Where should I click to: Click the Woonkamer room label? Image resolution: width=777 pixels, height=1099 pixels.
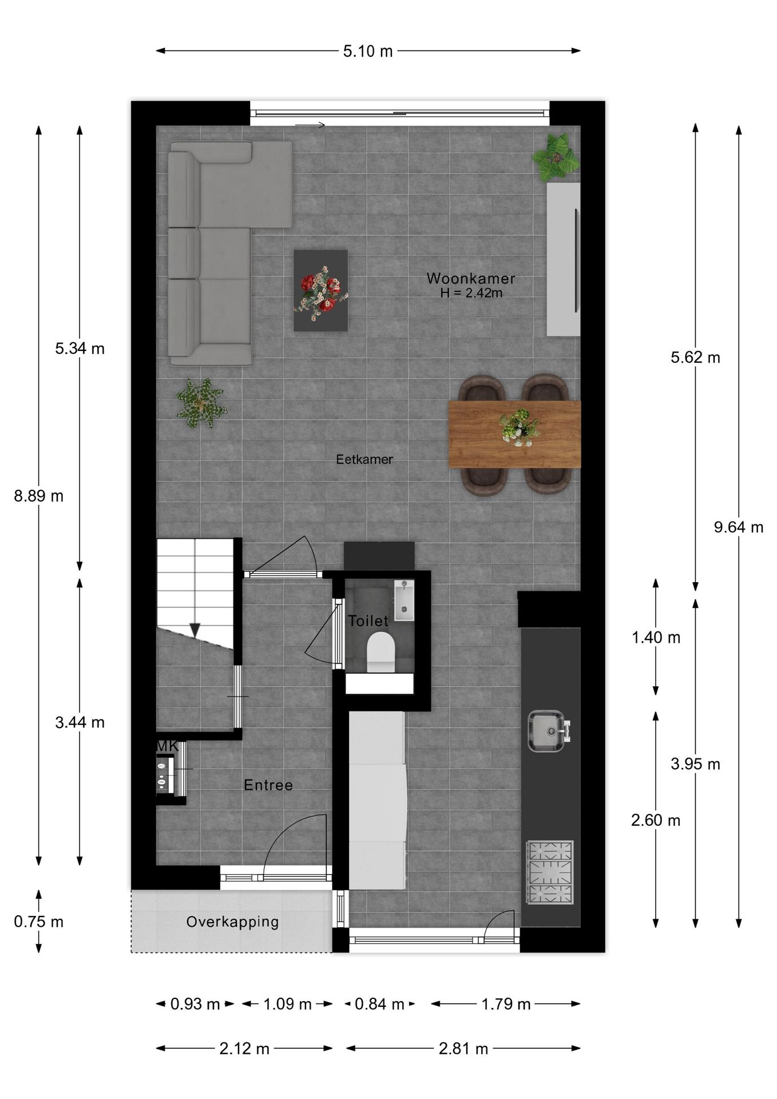(x=470, y=279)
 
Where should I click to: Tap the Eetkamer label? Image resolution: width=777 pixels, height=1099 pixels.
(x=364, y=460)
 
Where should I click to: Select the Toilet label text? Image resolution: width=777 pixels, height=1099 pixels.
(x=368, y=621)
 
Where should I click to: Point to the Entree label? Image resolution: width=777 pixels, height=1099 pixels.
(x=268, y=785)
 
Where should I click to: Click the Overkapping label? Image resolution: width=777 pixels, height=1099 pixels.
(x=232, y=922)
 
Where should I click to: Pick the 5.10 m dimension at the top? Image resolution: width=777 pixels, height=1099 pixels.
(x=368, y=52)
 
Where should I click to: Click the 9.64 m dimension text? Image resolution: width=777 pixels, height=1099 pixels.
(x=738, y=527)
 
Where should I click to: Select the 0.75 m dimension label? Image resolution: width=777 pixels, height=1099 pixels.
(x=39, y=922)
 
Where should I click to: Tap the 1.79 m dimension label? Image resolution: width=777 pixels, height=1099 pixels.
(x=506, y=1004)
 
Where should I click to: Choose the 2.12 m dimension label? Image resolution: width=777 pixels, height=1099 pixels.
(x=244, y=1049)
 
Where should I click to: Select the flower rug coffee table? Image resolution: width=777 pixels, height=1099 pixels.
(x=320, y=290)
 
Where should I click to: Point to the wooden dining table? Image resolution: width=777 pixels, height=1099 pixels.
(x=514, y=434)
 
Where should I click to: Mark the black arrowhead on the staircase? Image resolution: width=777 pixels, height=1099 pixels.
(x=195, y=630)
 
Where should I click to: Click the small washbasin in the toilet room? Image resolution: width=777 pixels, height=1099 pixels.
(x=404, y=600)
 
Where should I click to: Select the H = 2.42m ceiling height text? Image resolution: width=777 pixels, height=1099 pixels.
(x=471, y=293)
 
